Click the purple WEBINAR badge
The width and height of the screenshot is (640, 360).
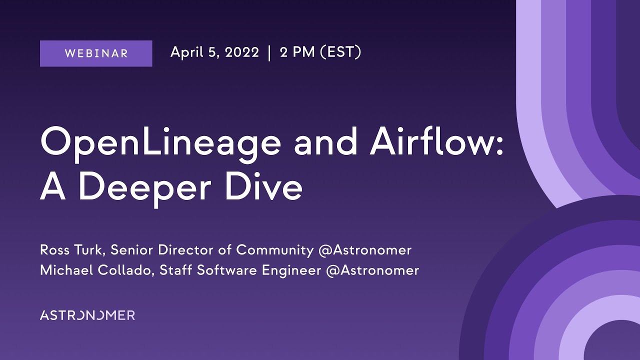point(96,53)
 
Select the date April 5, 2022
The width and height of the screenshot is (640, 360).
point(214,52)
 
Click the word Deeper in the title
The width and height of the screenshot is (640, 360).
point(152,189)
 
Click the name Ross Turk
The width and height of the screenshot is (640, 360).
point(72,249)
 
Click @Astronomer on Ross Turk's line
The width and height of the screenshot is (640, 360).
point(364,249)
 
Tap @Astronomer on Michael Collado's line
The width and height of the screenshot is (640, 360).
point(372,270)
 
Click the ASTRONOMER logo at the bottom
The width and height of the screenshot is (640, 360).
point(87,315)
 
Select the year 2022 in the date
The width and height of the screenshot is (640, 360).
point(242,52)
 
